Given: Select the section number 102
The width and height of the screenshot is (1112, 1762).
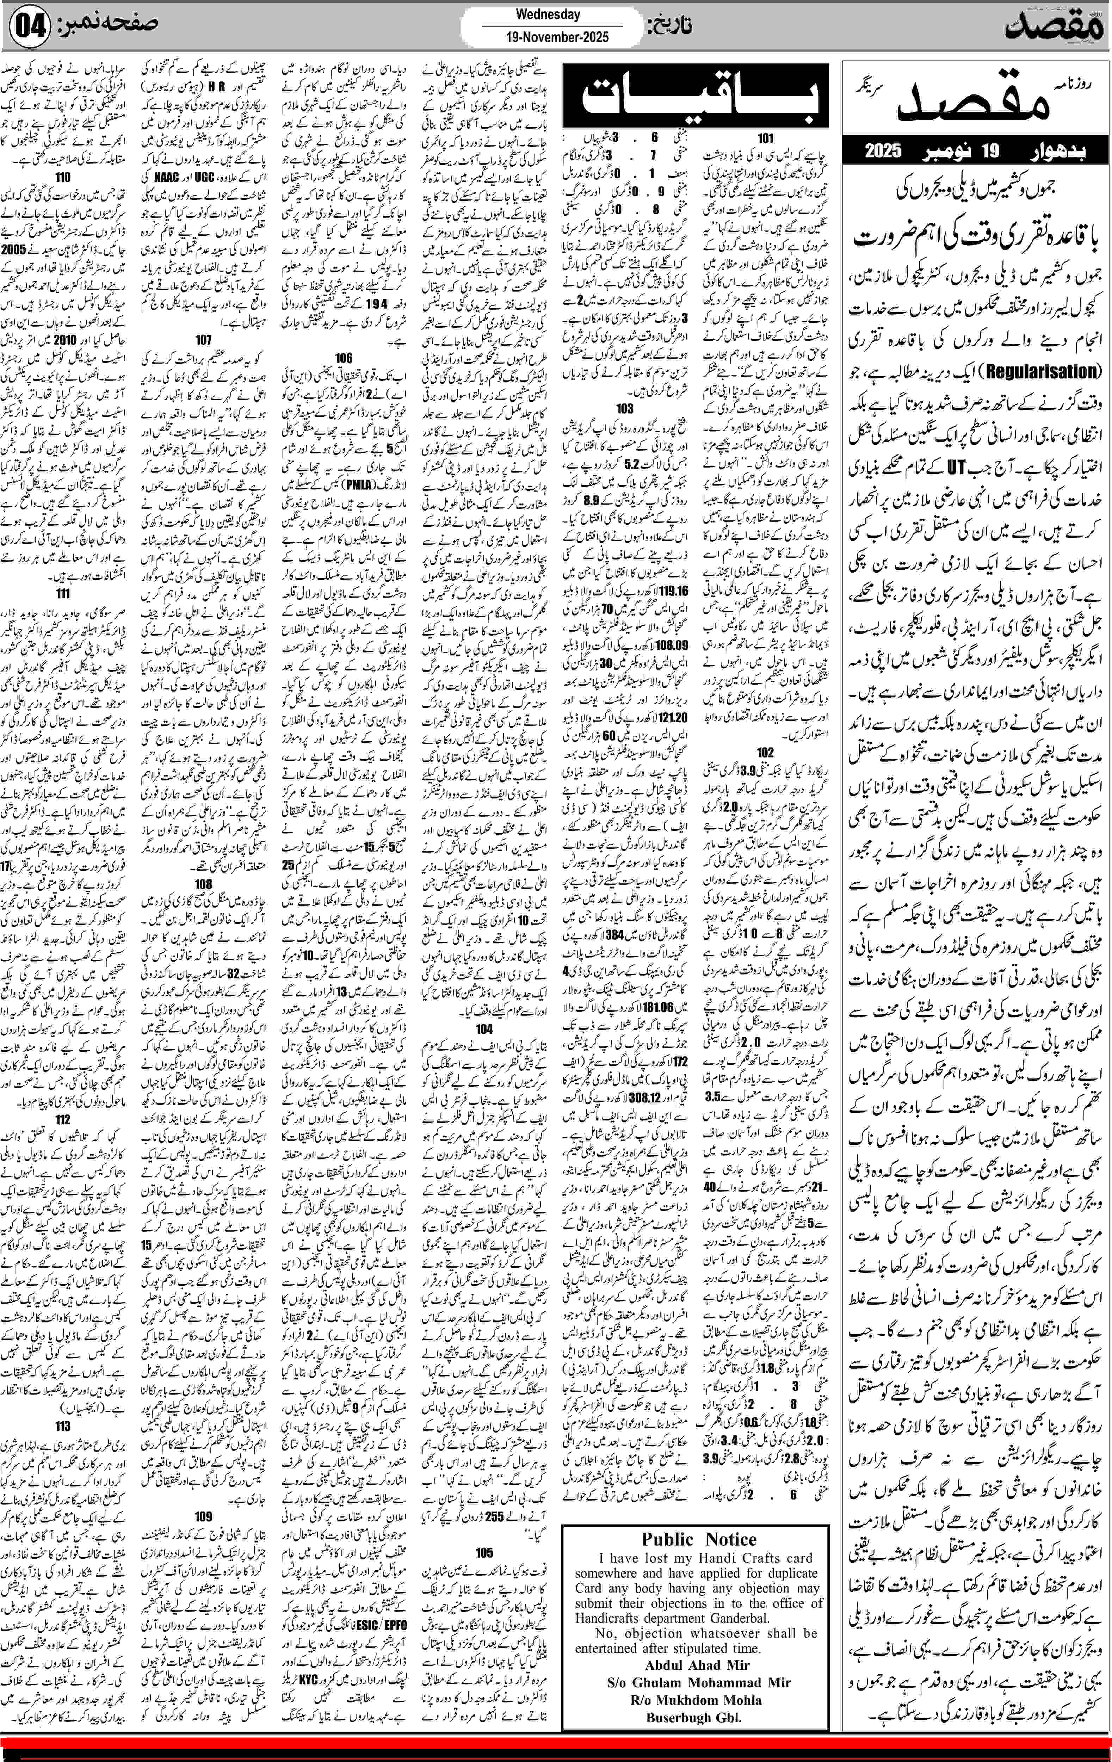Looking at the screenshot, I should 765,752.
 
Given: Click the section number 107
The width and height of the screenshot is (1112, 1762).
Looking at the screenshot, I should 203,340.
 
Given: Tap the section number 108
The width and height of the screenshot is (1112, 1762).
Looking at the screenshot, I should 203,884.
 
